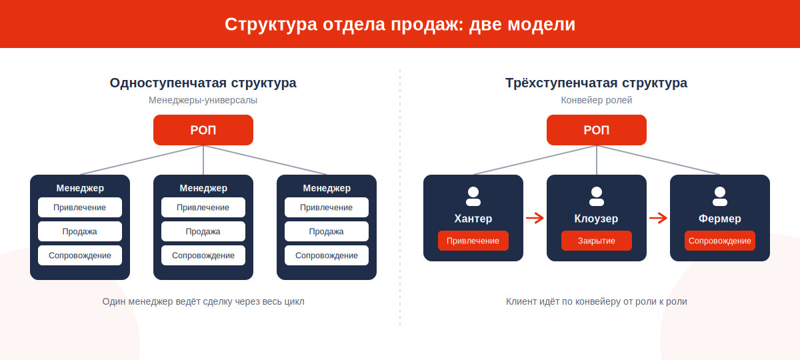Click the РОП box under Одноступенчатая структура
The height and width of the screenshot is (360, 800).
[203, 130]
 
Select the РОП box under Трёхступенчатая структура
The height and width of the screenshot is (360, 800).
[597, 130]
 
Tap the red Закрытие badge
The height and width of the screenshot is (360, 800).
[597, 241]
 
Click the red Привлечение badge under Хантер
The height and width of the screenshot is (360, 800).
[473, 241]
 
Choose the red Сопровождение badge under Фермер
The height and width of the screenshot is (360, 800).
[719, 241]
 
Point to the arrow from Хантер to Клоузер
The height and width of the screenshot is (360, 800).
[535, 218]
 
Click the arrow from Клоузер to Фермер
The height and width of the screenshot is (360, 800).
[658, 218]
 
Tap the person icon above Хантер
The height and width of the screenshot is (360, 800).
[473, 197]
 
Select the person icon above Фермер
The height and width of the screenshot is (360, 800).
[719, 197]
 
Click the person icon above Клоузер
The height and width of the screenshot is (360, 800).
[597, 197]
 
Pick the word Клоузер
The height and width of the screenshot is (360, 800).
[596, 219]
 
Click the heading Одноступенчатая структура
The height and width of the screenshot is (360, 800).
[203, 83]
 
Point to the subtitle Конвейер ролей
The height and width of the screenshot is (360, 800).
[597, 100]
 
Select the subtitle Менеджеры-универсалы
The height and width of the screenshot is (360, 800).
[203, 100]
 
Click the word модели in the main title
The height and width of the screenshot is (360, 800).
[541, 25]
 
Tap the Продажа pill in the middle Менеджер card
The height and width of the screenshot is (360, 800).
[203, 231]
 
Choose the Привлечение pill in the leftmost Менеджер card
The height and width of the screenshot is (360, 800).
[80, 207]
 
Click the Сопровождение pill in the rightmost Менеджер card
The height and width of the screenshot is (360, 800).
[327, 255]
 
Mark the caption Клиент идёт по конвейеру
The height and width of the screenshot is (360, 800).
[563, 301]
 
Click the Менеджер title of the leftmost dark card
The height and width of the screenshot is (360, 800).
[80, 188]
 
